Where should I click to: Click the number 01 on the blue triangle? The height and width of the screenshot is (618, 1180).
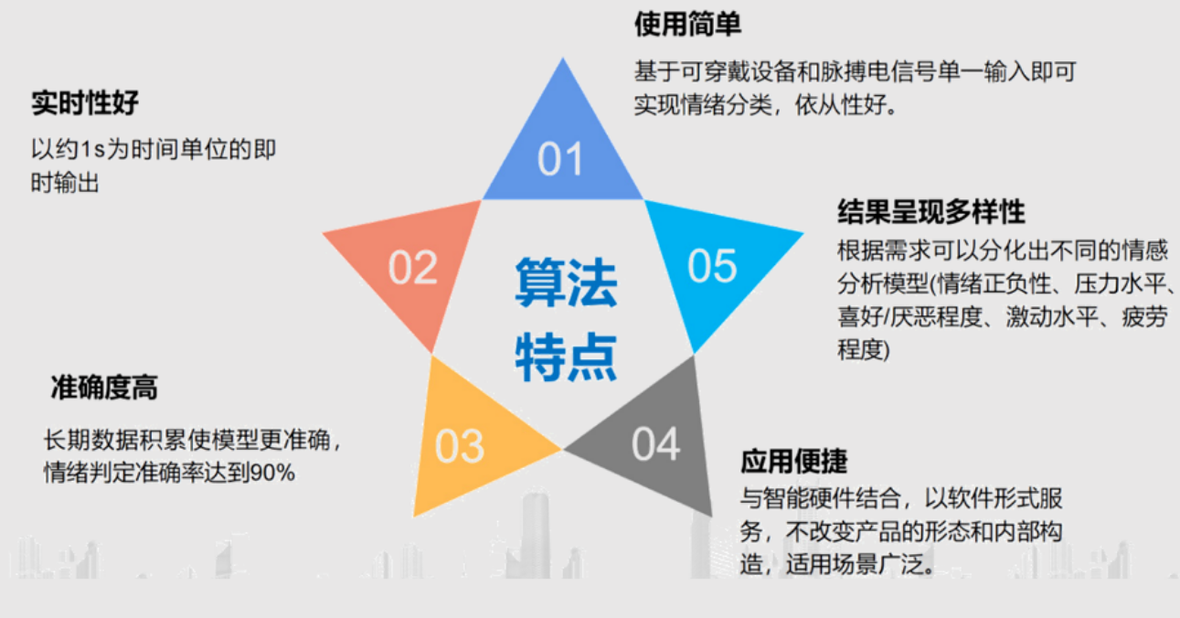coord(560,158)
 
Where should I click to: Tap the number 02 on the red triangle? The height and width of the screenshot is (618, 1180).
coord(412,267)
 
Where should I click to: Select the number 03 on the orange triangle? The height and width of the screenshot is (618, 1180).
coord(460,446)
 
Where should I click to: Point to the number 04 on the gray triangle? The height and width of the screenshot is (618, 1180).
coord(656,443)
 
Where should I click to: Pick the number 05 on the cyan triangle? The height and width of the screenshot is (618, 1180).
coord(712,265)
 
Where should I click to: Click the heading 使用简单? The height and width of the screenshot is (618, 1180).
coord(687,25)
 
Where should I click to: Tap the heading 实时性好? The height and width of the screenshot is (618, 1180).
coord(85,102)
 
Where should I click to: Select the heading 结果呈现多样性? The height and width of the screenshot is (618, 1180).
coord(931,212)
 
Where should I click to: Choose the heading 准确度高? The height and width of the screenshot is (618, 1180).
coord(104,388)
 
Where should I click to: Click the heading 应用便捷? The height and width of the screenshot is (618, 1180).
coord(794,461)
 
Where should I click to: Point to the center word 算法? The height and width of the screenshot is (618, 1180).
coord(566,282)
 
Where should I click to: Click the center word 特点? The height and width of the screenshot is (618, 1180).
coord(566,357)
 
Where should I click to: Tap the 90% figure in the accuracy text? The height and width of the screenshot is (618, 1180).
coord(272,473)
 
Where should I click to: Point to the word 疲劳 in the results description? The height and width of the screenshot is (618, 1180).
coord(1144,316)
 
